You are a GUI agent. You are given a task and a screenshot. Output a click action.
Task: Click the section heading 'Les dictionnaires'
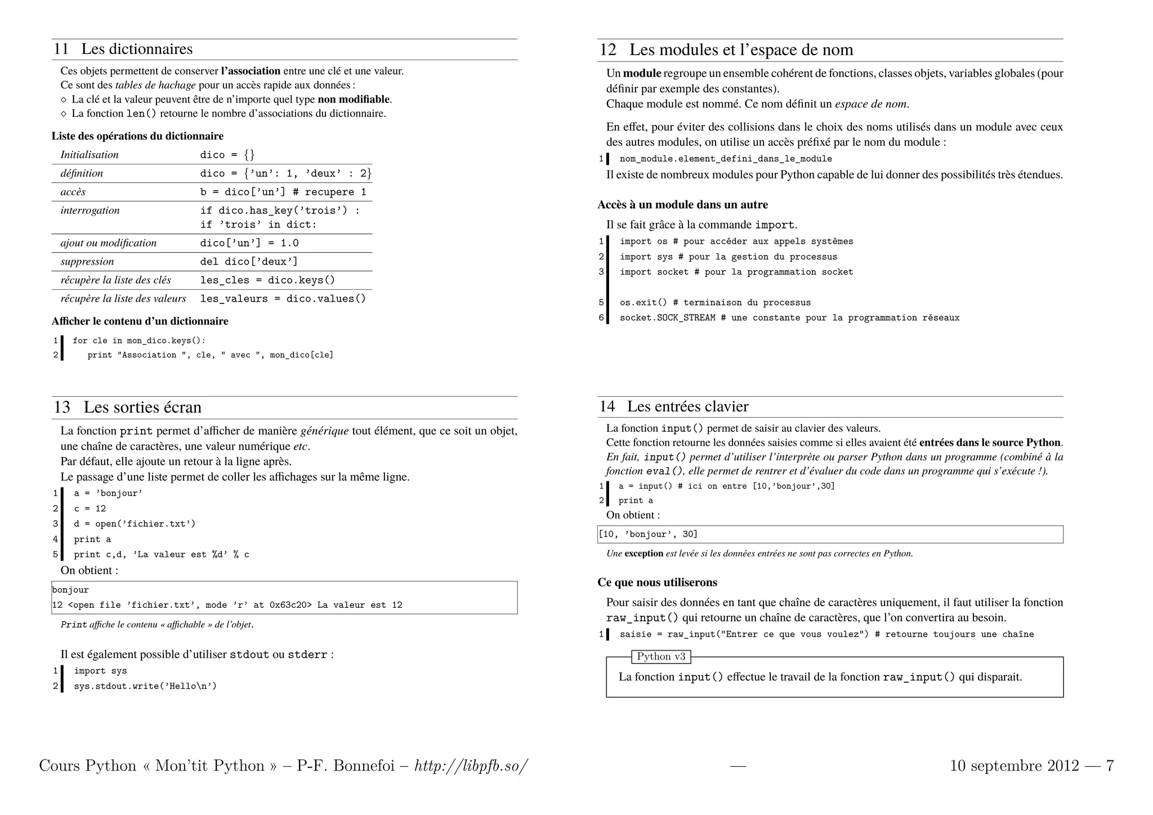pyautogui.click(x=137, y=49)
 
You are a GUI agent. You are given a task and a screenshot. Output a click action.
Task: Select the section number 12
pyautogui.click(x=608, y=50)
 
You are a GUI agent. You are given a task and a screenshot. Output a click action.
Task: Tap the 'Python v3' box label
pyautogui.click(x=661, y=656)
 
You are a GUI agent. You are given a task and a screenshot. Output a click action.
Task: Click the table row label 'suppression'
pyautogui.click(x=87, y=261)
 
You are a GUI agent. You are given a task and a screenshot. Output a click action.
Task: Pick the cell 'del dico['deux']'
pyautogui.click(x=249, y=261)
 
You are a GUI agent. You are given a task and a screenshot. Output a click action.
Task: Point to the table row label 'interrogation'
pyautogui.click(x=90, y=210)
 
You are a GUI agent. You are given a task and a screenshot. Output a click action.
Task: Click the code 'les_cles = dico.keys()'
pyautogui.click(x=267, y=280)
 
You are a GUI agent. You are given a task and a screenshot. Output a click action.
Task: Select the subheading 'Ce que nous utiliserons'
pyautogui.click(x=657, y=582)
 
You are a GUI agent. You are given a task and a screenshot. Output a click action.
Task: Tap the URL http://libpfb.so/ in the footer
pyautogui.click(x=471, y=765)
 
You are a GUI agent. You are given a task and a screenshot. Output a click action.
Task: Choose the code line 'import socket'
pyautogui.click(x=736, y=272)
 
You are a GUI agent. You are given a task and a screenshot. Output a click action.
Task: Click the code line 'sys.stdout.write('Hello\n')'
pyautogui.click(x=145, y=686)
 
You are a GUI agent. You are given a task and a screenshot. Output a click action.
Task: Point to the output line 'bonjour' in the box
pyautogui.click(x=70, y=590)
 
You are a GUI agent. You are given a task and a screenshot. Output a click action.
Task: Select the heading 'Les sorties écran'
pyautogui.click(x=142, y=407)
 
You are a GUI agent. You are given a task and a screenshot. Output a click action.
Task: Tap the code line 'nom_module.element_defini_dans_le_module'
pyautogui.click(x=726, y=159)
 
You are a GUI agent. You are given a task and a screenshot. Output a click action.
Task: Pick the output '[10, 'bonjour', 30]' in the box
pyautogui.click(x=648, y=534)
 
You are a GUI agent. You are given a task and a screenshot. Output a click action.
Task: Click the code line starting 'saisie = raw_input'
pyautogui.click(x=826, y=634)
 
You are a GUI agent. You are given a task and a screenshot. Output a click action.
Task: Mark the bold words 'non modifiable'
pyautogui.click(x=354, y=99)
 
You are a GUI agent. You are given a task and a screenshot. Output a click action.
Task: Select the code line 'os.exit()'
pyautogui.click(x=715, y=302)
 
